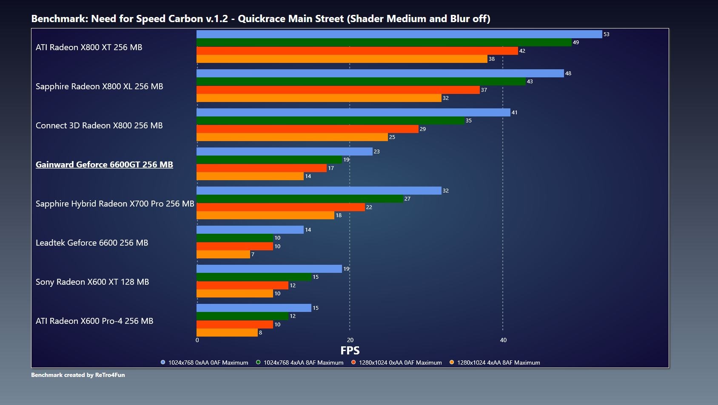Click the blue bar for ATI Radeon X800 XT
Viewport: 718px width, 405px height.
click(399, 34)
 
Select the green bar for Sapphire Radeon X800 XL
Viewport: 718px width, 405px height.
click(361, 82)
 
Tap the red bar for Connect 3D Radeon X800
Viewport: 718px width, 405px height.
click(308, 129)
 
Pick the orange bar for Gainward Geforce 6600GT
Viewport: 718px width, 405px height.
click(250, 176)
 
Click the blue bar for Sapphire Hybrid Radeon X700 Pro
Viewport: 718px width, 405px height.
click(319, 191)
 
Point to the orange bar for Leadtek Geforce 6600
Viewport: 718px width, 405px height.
click(223, 255)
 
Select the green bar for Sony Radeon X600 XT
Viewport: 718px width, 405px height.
click(254, 277)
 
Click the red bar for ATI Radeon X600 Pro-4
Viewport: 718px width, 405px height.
click(235, 324)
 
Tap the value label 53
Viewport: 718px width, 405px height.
click(606, 34)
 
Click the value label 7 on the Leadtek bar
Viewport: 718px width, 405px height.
click(253, 255)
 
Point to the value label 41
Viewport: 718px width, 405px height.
click(514, 112)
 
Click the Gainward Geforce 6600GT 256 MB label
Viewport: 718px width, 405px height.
click(104, 164)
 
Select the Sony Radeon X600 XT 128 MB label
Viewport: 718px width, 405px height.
click(92, 282)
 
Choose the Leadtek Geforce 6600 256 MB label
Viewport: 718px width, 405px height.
click(92, 243)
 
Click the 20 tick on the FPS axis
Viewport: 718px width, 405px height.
click(350, 340)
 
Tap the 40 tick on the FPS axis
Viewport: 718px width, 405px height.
click(503, 340)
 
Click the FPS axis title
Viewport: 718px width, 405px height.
click(350, 351)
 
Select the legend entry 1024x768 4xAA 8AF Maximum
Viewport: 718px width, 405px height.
click(300, 363)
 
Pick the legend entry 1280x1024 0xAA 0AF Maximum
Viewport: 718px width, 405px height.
click(396, 363)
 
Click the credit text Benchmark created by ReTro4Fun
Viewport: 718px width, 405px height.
click(78, 375)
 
